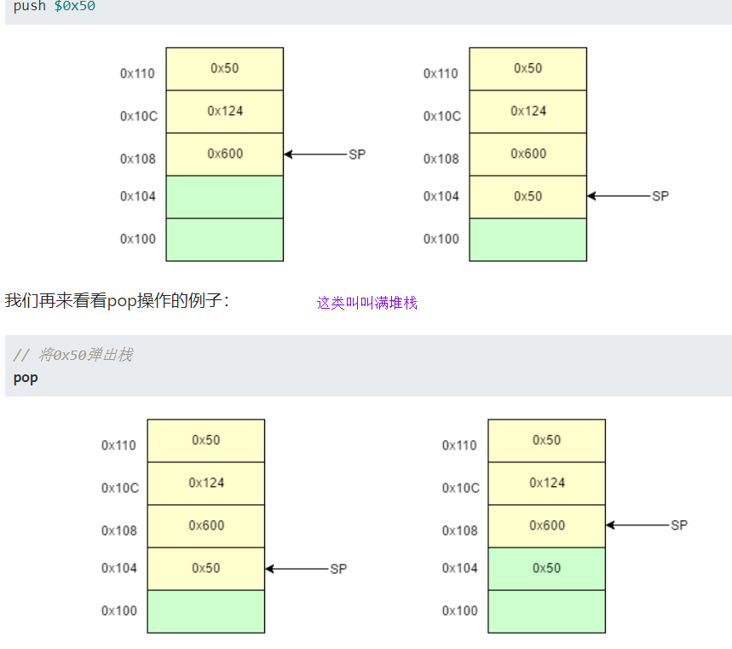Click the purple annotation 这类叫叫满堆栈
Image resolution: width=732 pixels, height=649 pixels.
click(367, 303)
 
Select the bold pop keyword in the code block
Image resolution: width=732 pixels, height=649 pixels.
click(26, 377)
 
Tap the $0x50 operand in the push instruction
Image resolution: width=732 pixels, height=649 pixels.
click(75, 6)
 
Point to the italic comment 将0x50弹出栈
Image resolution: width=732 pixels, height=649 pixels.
click(72, 355)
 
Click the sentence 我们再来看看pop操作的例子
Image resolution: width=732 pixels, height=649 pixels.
click(117, 300)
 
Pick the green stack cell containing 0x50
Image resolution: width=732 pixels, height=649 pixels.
click(546, 568)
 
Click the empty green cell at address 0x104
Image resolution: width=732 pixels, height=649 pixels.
click(224, 197)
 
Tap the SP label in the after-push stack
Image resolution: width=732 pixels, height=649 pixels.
click(660, 196)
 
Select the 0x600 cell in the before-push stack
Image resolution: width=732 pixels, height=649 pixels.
click(224, 154)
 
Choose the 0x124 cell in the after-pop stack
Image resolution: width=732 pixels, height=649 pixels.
click(546, 483)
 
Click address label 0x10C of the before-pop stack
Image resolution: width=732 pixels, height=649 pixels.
click(119, 488)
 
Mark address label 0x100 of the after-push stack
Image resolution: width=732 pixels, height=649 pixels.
click(441, 239)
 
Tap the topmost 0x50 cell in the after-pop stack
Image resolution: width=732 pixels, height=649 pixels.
click(546, 440)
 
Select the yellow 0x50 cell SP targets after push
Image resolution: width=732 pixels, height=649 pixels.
click(527, 196)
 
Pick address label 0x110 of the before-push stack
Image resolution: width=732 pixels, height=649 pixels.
click(137, 73)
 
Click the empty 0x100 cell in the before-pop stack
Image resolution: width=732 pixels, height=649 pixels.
click(205, 611)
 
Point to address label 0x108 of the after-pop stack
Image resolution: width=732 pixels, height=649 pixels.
click(460, 530)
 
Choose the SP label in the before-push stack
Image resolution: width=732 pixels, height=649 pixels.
click(357, 154)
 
